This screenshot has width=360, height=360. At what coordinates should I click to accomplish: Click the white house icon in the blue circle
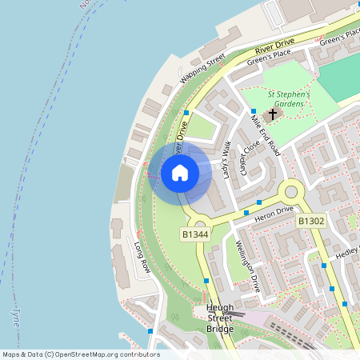[180, 173]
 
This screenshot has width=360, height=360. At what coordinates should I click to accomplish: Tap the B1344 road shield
[195, 234]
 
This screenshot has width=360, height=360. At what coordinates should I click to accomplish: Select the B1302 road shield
[311, 221]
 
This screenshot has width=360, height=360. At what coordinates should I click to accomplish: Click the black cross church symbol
[273, 114]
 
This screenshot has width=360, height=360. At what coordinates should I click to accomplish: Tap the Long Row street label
[142, 258]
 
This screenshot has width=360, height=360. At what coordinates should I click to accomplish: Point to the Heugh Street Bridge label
[219, 318]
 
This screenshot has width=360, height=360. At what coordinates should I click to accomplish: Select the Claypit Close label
[246, 160]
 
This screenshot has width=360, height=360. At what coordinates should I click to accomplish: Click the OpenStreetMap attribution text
[80, 354]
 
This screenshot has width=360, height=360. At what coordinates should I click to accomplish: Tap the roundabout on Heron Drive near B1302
[290, 192]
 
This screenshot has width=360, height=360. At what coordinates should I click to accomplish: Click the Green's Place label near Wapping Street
[270, 55]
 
